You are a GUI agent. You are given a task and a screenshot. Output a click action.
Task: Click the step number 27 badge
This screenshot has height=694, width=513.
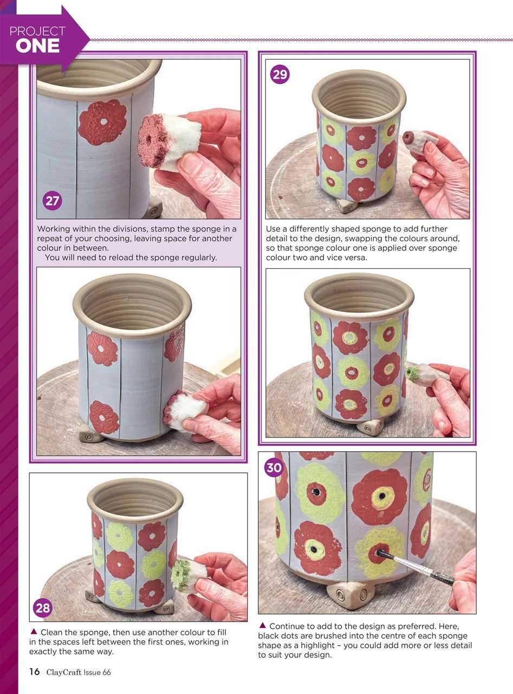pos(52,202)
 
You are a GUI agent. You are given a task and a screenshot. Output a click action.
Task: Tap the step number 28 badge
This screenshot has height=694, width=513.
pos(42,608)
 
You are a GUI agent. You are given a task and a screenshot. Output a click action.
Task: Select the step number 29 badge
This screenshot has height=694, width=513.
pos(280,74)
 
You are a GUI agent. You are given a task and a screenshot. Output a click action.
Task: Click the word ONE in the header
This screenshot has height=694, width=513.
pos(37,46)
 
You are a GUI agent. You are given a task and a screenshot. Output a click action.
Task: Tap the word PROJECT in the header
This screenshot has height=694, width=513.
pos(37,31)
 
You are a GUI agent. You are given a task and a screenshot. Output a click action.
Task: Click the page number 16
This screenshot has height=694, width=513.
pos(34,672)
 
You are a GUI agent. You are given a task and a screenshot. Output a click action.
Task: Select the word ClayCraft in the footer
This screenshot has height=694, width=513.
pos(64,672)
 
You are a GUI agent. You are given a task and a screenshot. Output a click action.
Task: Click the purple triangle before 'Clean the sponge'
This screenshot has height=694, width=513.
pos(34,631)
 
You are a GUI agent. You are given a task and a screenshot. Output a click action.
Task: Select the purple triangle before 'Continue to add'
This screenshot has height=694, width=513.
pos(262,625)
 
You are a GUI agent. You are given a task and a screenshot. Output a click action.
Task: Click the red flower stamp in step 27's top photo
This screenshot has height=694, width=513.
pos(102,123)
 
